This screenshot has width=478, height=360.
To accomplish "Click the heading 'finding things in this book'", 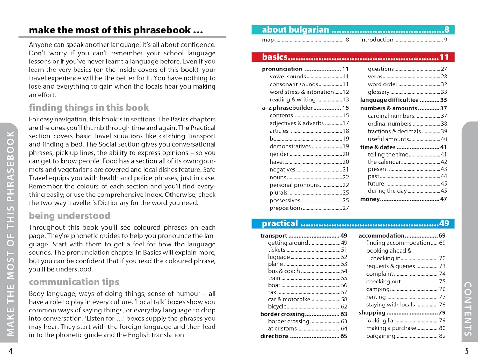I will [x=89, y=107].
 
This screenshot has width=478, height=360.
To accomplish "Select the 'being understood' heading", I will [x=69, y=216].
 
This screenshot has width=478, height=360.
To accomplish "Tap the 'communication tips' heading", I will [x=74, y=282].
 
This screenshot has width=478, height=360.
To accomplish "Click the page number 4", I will [x=11, y=351].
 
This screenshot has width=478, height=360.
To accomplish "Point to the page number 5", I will [x=467, y=351].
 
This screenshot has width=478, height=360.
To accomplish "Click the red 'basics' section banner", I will [x=353, y=57].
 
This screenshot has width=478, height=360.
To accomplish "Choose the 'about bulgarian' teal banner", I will [x=353, y=30].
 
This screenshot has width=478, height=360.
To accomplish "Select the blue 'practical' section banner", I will [x=353, y=224].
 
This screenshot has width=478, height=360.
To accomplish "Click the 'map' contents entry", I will [x=268, y=40].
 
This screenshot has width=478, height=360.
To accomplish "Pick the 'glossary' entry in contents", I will [x=379, y=92].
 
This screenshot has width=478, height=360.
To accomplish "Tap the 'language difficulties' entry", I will [x=389, y=100].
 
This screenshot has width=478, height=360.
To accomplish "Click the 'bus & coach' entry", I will [x=284, y=271].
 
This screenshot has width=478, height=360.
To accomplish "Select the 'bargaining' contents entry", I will [x=381, y=336].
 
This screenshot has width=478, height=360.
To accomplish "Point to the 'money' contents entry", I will [x=370, y=199].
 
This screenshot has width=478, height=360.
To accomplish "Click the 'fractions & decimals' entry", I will [x=394, y=131].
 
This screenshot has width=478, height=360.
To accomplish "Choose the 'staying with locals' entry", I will [x=391, y=305].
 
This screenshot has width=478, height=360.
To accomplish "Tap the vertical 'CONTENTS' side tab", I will [x=468, y=308].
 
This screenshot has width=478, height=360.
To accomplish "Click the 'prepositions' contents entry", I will [x=286, y=208].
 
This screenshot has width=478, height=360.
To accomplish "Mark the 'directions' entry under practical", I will [x=274, y=336].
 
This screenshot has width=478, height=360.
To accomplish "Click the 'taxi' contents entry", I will [x=273, y=292].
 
